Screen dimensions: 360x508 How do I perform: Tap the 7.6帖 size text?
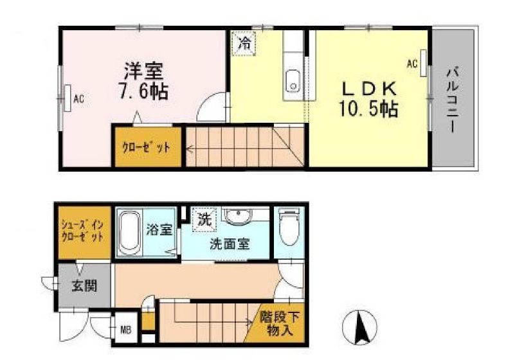pos(142,91)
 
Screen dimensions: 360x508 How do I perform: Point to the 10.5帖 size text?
pos(367,108)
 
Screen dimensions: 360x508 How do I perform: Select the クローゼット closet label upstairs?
pos(147,147)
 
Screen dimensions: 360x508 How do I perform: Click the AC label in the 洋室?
pos(78,99)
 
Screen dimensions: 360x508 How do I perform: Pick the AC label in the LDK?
pos(412,63)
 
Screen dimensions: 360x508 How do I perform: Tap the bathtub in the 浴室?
pos(131,232)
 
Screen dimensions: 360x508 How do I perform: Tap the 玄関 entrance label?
pos(84,285)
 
